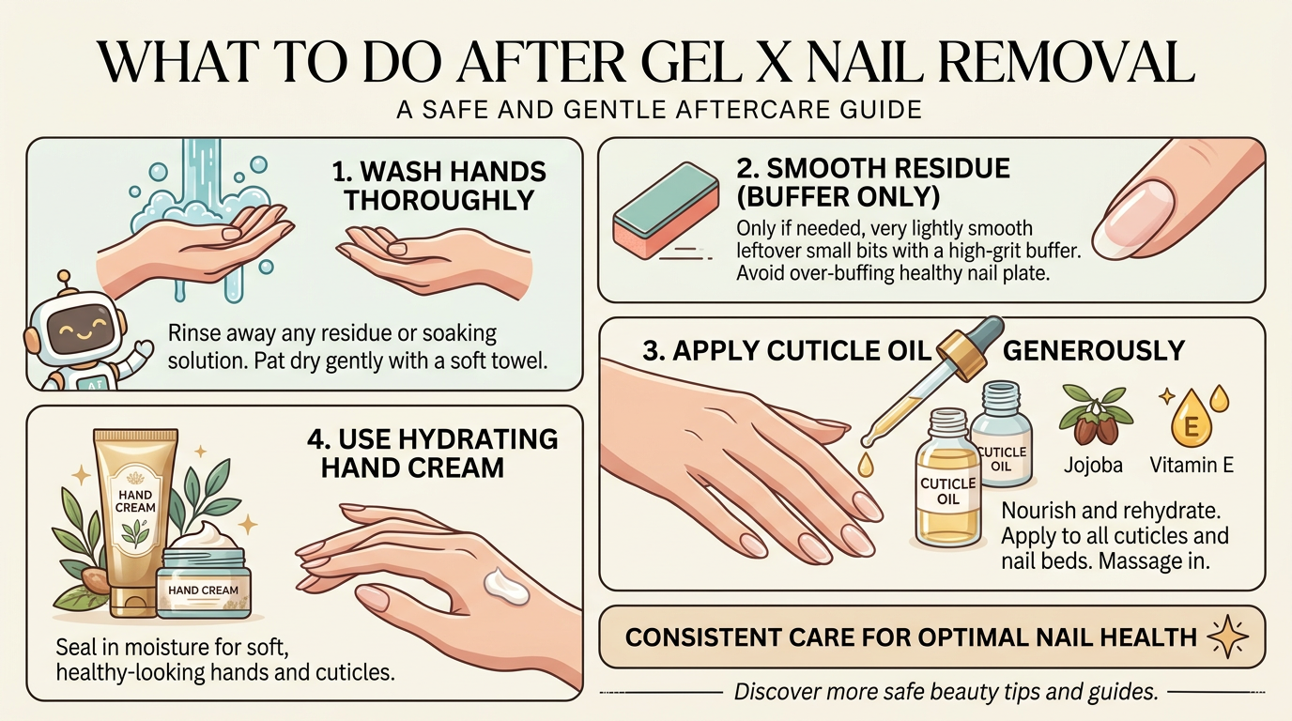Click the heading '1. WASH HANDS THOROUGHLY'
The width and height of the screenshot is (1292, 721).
(x=438, y=186)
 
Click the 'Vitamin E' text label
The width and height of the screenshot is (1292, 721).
(x=1191, y=465)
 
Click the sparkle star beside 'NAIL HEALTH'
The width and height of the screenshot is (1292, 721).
(x=1227, y=637)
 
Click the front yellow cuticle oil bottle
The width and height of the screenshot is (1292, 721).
(x=948, y=488)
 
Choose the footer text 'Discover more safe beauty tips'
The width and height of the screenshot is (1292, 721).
(x=944, y=693)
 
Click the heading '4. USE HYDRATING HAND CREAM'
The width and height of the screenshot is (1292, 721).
(x=432, y=453)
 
